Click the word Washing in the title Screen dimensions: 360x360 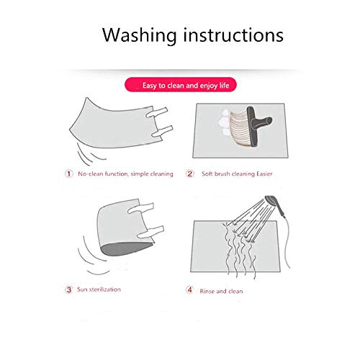[x=139, y=35]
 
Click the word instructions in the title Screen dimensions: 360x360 [x=233, y=35]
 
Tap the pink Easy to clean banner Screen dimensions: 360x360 [x=181, y=85]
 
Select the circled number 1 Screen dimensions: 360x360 [x=69, y=174]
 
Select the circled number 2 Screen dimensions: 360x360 [x=190, y=174]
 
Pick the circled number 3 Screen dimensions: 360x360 [x=69, y=289]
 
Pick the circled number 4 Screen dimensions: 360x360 [x=189, y=290]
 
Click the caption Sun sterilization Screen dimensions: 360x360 [x=99, y=289]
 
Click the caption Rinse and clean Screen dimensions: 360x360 [x=221, y=291]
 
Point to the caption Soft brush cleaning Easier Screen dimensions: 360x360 [x=237, y=174]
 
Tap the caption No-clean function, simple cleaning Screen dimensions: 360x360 [x=125, y=174]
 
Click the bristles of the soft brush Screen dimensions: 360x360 [x=239, y=127]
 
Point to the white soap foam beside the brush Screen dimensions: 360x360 [x=224, y=122]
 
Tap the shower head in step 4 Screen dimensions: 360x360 [x=274, y=204]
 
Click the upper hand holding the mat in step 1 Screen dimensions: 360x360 [x=156, y=112]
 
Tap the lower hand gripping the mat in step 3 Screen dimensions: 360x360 [x=150, y=232]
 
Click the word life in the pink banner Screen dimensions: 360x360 [x=224, y=85]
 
